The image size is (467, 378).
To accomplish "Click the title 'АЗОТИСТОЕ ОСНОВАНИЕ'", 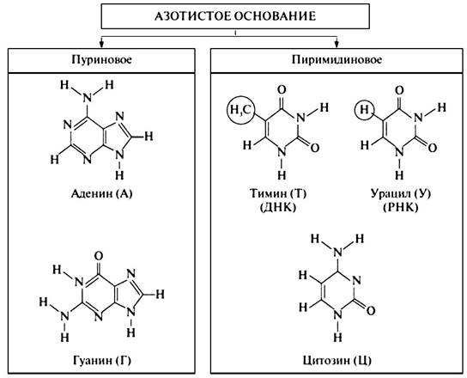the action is [235, 16].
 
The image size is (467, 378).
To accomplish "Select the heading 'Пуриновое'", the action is [101, 59].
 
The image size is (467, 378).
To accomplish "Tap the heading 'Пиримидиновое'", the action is [337, 59].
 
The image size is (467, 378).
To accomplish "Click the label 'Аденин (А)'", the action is [101, 194].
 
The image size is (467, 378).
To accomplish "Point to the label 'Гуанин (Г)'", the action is [102, 361].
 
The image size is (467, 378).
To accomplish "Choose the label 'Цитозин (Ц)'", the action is [337, 361].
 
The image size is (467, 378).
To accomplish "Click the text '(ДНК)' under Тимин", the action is [278, 207].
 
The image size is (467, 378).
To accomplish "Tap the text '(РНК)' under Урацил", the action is [400, 207].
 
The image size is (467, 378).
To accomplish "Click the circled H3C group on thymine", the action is [241, 110].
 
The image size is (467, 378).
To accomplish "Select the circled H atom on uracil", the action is [364, 110].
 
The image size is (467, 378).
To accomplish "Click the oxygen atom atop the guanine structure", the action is [98, 255].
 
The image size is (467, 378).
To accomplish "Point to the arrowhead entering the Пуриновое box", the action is [101, 44].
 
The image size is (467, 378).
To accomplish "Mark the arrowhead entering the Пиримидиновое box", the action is [337, 44].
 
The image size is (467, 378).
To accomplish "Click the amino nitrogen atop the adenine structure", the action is [87, 97].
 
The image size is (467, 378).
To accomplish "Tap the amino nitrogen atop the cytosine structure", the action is [337, 253].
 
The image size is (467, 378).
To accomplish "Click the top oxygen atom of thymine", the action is [282, 89].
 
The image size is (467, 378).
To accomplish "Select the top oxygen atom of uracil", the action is [399, 89].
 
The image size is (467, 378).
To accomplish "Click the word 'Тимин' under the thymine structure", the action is [268, 194].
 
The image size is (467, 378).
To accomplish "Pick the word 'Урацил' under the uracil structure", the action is [389, 194].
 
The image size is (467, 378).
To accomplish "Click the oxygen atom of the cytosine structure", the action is [371, 311].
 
